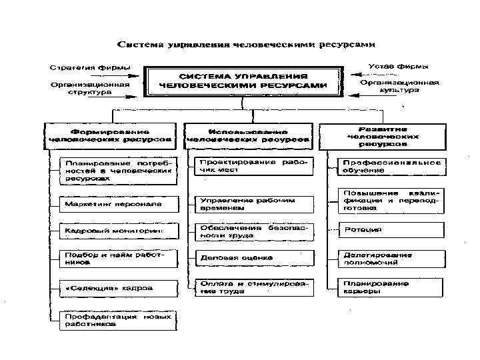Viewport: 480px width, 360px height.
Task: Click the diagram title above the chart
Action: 246,45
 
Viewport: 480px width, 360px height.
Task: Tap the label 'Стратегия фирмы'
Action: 90,67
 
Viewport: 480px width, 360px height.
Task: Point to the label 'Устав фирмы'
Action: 399,66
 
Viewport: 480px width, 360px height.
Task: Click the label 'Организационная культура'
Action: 399,86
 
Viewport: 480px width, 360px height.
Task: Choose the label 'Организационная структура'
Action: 89,88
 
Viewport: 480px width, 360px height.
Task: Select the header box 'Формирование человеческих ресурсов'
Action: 110,135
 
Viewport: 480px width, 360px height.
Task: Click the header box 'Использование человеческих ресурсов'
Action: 248,135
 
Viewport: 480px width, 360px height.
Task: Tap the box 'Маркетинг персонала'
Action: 119,203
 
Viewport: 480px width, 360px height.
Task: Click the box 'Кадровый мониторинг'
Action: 119,231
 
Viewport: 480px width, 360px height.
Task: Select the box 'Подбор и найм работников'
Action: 119,259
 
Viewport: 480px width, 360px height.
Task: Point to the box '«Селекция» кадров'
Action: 119,288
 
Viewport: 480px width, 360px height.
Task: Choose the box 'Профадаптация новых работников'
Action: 119,320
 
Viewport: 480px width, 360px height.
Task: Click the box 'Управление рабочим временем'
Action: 253,203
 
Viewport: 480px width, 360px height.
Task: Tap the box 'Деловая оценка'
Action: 253,258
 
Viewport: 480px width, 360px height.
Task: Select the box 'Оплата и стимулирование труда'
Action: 253,287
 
